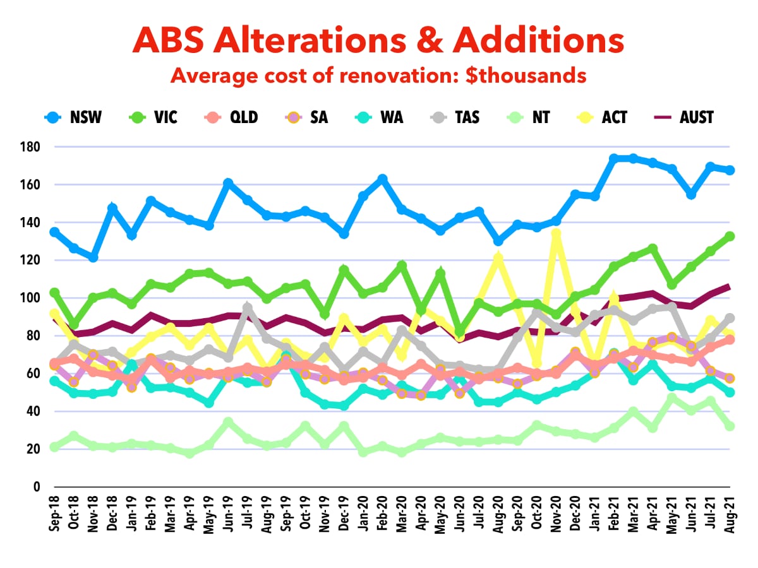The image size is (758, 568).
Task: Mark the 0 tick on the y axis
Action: pyautogui.click(x=37, y=487)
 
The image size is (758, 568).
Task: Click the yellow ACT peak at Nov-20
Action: pyautogui.click(x=556, y=234)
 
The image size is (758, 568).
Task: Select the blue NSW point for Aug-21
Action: pyautogui.click(x=730, y=170)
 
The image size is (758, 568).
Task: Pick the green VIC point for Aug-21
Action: pyautogui.click(x=730, y=236)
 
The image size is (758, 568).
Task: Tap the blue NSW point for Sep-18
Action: pyautogui.click(x=54, y=232)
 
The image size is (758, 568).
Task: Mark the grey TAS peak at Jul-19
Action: pyautogui.click(x=248, y=309)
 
